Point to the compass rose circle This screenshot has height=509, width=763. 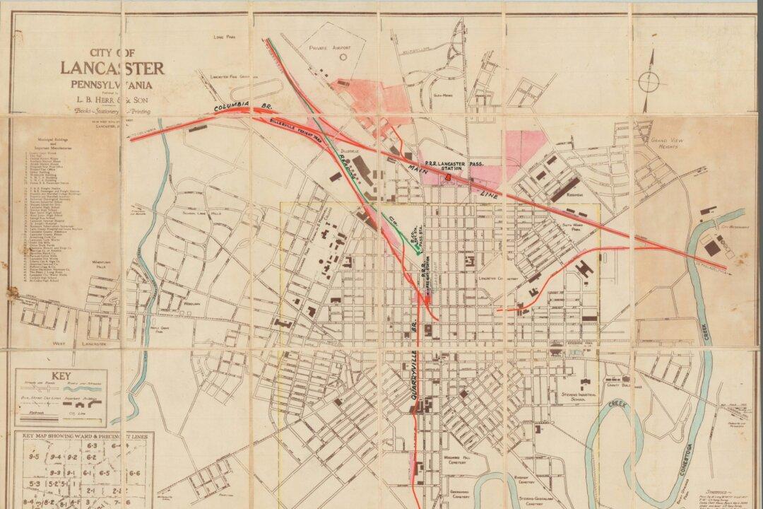(649, 82)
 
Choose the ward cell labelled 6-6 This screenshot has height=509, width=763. (134, 472)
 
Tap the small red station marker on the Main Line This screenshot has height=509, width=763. (447, 177)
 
